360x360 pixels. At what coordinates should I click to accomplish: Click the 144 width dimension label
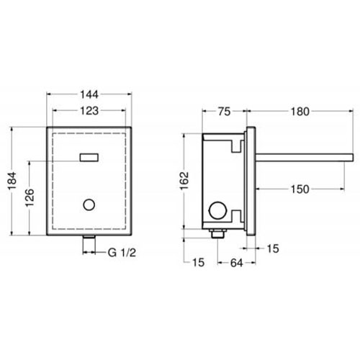click(x=89, y=94)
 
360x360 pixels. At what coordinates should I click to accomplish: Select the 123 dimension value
click(x=89, y=111)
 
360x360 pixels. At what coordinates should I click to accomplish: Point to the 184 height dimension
click(x=12, y=181)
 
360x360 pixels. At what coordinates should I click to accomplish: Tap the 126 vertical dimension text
click(x=30, y=198)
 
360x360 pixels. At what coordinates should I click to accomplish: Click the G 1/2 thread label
click(x=122, y=253)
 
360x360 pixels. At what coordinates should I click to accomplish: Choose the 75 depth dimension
click(x=225, y=112)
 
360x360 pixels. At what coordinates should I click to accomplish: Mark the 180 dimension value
click(x=300, y=112)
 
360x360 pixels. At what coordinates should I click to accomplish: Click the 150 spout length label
click(x=300, y=189)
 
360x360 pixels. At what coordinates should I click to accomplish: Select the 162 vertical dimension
click(x=185, y=181)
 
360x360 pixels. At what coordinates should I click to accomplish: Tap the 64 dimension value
click(x=237, y=264)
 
